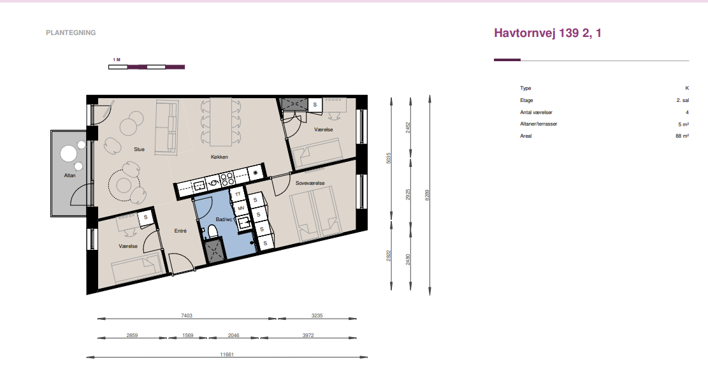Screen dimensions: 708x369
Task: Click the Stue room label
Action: tap(139, 150)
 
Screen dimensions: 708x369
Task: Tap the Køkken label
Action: tap(219, 157)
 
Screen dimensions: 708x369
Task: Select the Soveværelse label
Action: tap(310, 184)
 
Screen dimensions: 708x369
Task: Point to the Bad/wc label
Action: tap(224, 219)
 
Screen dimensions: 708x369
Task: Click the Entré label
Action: tap(180, 231)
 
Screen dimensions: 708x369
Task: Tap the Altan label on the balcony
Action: tap(69, 175)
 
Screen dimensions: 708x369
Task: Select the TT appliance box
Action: tap(238, 194)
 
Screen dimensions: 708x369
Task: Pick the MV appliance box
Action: tap(241, 208)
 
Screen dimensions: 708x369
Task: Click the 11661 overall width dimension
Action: tap(227, 355)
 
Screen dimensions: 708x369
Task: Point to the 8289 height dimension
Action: tap(427, 195)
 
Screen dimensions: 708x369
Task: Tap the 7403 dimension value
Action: tap(187, 315)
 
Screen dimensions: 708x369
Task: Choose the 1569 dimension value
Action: tap(188, 336)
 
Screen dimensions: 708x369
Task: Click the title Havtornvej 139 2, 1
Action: tap(547, 33)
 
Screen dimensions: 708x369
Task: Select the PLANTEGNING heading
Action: tap(71, 33)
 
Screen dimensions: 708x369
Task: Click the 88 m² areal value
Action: tap(683, 136)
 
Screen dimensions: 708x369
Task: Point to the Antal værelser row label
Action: tap(536, 112)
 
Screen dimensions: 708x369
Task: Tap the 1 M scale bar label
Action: tap(117, 60)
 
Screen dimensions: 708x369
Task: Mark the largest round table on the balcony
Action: tap(69, 154)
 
